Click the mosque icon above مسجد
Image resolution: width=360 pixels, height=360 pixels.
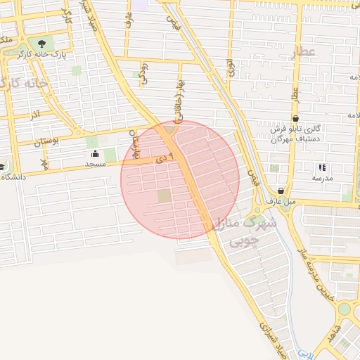[x=96, y=153]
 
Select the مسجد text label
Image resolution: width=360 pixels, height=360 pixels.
[x=95, y=163]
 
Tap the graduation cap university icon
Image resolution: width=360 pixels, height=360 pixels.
[x=2, y=167]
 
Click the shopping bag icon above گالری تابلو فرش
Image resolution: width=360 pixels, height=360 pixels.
[x=296, y=117]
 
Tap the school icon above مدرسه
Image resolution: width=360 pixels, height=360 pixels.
[x=322, y=167]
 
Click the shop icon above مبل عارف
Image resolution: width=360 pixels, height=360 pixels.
[x=281, y=191]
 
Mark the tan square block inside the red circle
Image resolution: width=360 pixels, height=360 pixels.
[x=164, y=195]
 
